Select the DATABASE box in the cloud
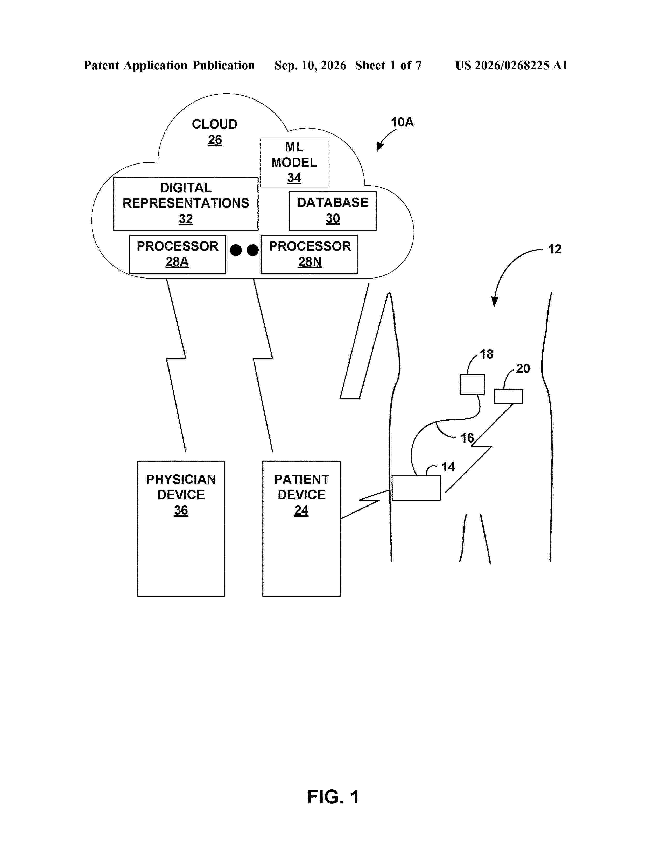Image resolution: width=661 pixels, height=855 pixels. (x=333, y=211)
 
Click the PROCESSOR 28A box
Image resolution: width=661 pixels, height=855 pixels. (x=177, y=254)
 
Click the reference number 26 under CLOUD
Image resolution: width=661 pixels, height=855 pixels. (x=215, y=140)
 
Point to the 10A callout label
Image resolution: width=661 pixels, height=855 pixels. (x=402, y=122)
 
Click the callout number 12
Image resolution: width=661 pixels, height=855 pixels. (x=554, y=249)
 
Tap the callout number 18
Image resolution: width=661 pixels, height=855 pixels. (x=486, y=354)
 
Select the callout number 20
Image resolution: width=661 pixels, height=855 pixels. (x=523, y=368)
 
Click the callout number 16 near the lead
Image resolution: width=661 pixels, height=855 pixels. (x=467, y=438)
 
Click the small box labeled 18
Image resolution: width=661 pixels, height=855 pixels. (x=472, y=384)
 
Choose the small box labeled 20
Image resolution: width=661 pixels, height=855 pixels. (x=508, y=396)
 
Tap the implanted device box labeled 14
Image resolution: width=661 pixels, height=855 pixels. (x=416, y=488)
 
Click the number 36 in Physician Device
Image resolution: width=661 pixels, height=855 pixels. (x=181, y=510)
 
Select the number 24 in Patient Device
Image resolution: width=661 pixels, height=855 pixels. (x=301, y=510)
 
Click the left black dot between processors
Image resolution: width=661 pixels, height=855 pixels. (x=236, y=250)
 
